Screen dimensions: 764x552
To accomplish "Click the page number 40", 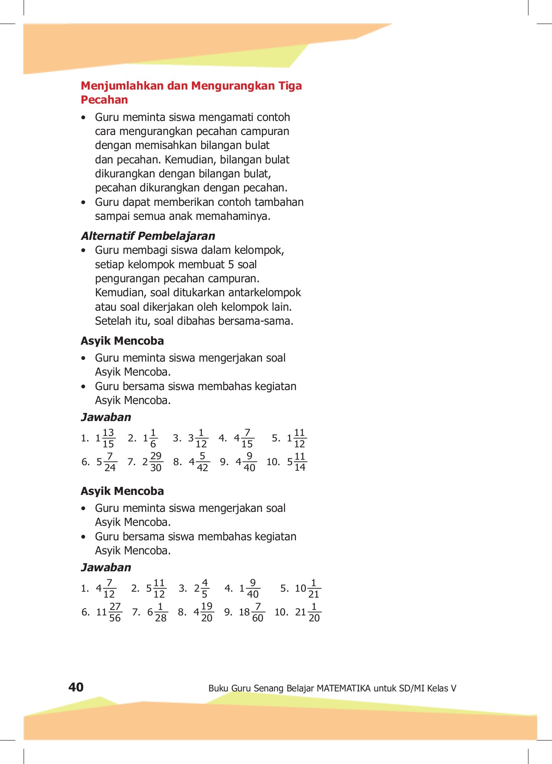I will (x=76, y=687).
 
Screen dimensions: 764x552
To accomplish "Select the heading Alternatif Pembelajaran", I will (x=148, y=236).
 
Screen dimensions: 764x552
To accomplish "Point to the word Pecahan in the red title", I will (x=104, y=100).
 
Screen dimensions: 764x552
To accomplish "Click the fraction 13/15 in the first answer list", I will (x=108, y=438).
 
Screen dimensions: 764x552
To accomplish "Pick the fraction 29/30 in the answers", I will (x=156, y=462).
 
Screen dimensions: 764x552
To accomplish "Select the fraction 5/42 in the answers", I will (x=203, y=462).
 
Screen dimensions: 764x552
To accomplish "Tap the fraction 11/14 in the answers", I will (x=300, y=462).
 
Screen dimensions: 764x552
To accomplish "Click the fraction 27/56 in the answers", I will (x=115, y=612).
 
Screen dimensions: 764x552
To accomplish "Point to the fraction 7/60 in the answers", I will (x=258, y=612).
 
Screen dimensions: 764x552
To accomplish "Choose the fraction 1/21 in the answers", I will (x=314, y=589).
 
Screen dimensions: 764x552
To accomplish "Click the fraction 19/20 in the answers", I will (x=207, y=612).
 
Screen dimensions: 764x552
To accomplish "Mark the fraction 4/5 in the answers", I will (x=205, y=589).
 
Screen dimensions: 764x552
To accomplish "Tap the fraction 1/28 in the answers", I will (x=161, y=612).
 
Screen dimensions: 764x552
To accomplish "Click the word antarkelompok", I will (x=265, y=293).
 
